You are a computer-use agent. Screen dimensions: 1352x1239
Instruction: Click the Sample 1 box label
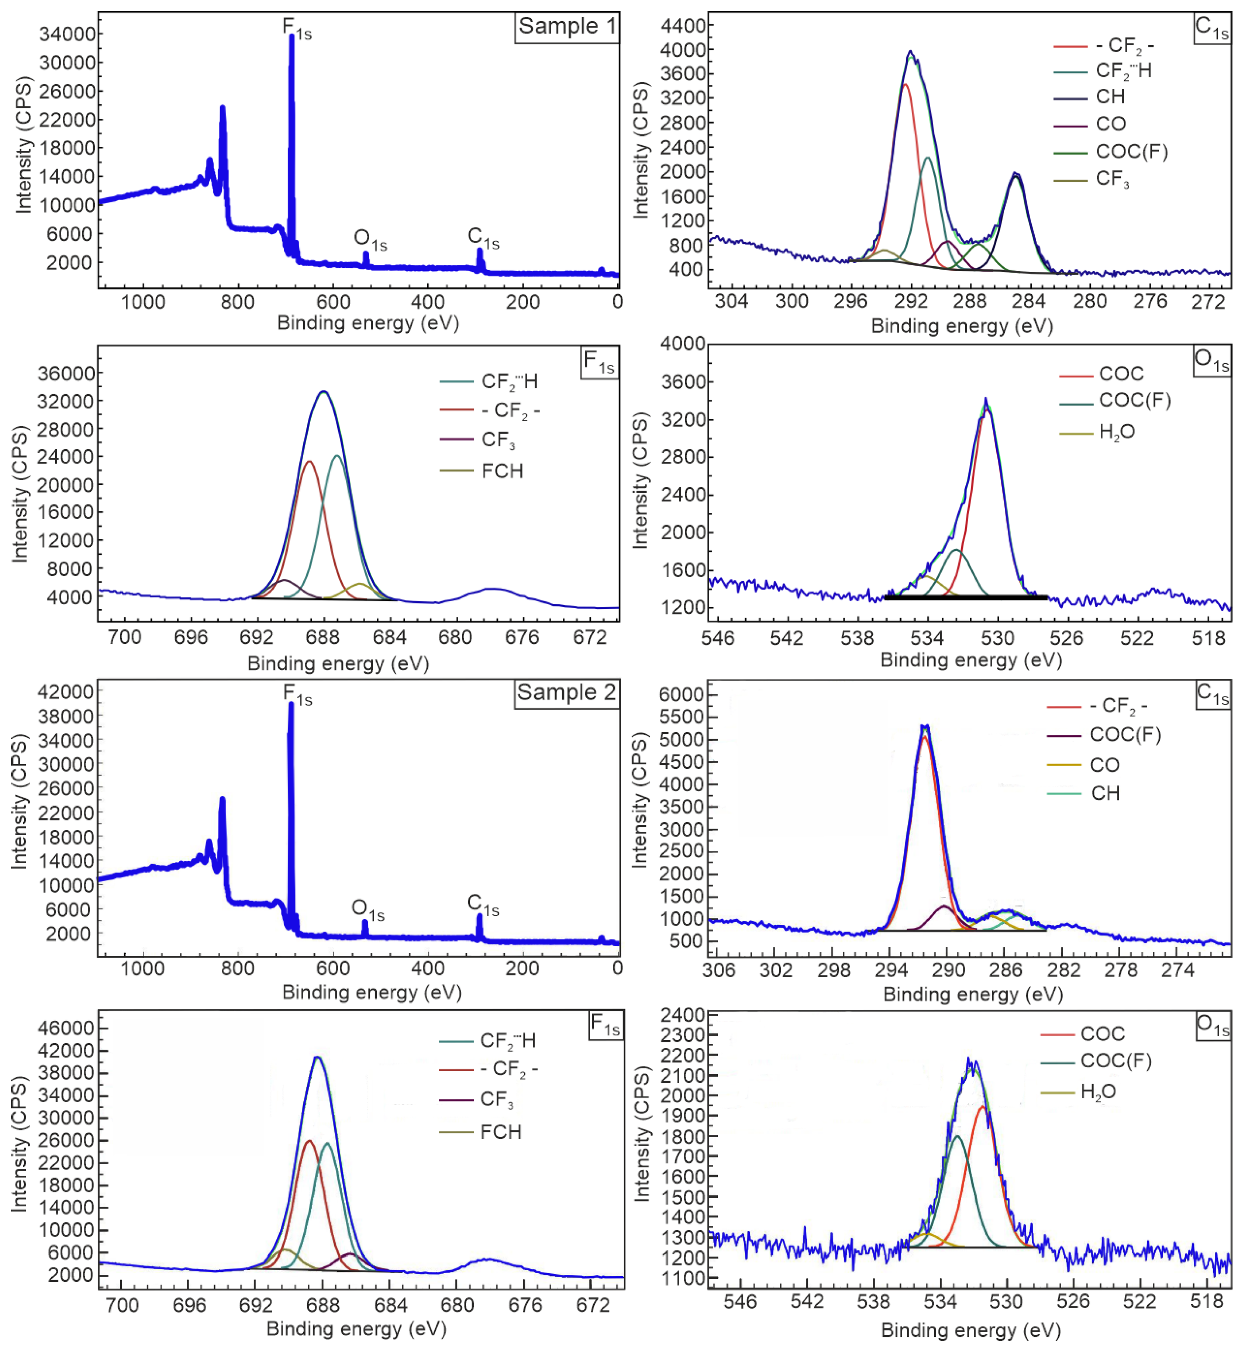click(x=567, y=27)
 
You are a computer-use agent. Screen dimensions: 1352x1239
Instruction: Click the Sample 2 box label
click(x=567, y=693)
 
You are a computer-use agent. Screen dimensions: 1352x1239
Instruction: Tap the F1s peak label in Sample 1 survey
click(x=296, y=28)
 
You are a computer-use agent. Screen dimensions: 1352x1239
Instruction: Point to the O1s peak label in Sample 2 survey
click(x=367, y=910)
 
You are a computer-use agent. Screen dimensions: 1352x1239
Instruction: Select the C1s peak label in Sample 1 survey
click(x=483, y=237)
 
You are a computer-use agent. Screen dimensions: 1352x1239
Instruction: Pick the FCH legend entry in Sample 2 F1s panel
click(x=500, y=1132)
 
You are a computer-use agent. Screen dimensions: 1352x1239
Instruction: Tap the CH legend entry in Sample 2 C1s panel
click(x=1105, y=793)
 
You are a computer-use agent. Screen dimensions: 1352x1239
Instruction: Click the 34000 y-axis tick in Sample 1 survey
click(x=67, y=34)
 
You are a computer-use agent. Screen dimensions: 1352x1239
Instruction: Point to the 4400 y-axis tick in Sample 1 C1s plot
click(x=683, y=25)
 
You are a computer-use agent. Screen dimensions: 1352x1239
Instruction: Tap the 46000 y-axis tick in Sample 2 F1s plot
click(x=66, y=1028)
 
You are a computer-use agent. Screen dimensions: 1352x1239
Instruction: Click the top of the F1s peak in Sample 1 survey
click(x=292, y=37)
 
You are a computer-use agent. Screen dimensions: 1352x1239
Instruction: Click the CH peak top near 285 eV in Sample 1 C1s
click(x=1015, y=175)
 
